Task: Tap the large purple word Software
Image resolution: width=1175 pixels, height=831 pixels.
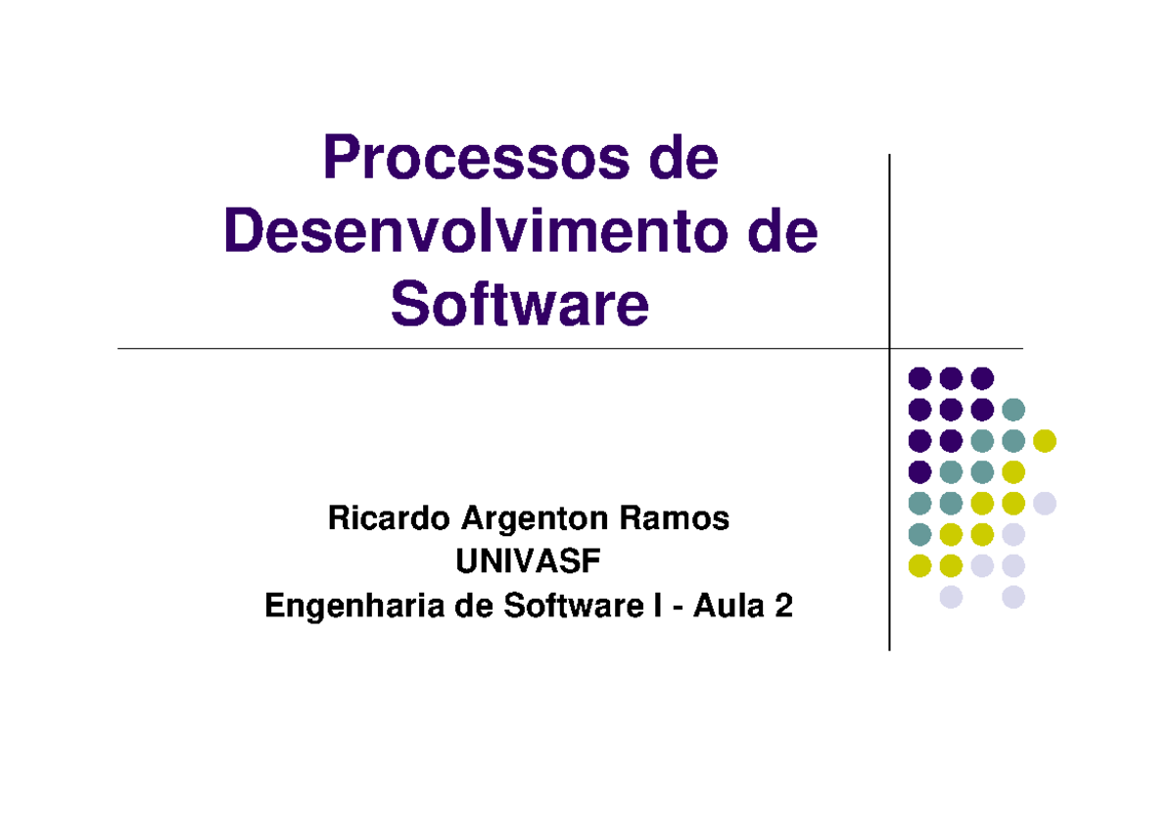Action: click(520, 304)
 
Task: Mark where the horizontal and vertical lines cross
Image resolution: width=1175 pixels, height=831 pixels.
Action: click(889, 348)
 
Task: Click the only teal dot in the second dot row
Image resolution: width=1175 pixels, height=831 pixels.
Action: click(1013, 409)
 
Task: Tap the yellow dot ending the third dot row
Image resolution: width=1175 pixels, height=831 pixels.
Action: click(1045, 440)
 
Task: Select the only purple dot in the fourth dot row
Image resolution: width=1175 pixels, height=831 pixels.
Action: click(919, 471)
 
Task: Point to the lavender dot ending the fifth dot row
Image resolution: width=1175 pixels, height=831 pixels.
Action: click(1045, 503)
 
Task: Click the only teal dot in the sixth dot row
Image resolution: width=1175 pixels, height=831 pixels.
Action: click(919, 534)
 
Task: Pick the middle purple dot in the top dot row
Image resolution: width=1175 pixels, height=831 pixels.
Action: click(951, 377)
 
